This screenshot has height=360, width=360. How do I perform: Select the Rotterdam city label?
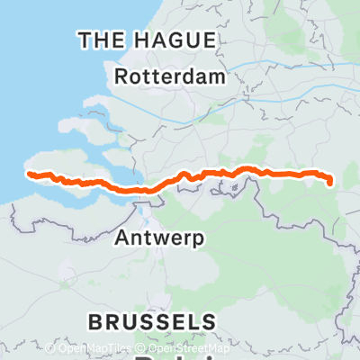[170, 77]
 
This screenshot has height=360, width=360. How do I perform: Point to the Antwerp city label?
[161, 238]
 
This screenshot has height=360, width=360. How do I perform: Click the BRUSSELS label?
[152, 322]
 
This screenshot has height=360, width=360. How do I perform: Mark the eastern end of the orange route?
[331, 184]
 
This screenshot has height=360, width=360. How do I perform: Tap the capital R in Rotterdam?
[123, 77]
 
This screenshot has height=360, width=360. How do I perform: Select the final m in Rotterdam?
[216, 77]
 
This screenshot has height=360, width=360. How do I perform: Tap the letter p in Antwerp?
[200, 240]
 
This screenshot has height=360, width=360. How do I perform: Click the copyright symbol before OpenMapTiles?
[50, 348]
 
